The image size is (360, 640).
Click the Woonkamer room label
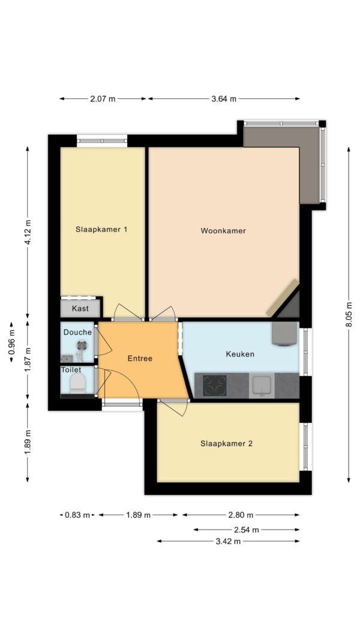pyautogui.click(x=223, y=230)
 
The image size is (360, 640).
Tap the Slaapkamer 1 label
pyautogui.click(x=101, y=229)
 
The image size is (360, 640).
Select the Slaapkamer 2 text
pyautogui.click(x=226, y=443)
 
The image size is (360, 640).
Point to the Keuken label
pyautogui.click(x=240, y=354)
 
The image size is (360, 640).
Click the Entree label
pyautogui.click(x=140, y=358)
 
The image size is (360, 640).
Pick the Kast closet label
pyautogui.click(x=80, y=308)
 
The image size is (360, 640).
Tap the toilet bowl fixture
pyautogui.click(x=77, y=384)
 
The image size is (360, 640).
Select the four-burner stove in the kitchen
pyautogui.click(x=215, y=385)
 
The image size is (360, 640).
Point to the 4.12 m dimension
pyautogui.click(x=28, y=232)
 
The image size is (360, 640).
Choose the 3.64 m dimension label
pyautogui.click(x=224, y=99)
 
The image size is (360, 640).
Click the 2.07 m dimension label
pyautogui.click(x=103, y=99)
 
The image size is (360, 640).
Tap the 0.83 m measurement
pyautogui.click(x=77, y=515)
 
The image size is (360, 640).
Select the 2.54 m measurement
pyautogui.click(x=246, y=530)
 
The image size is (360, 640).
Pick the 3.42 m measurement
pyautogui.click(x=228, y=541)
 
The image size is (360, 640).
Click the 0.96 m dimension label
pyautogui.click(x=11, y=342)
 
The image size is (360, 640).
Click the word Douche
pyautogui.click(x=77, y=332)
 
